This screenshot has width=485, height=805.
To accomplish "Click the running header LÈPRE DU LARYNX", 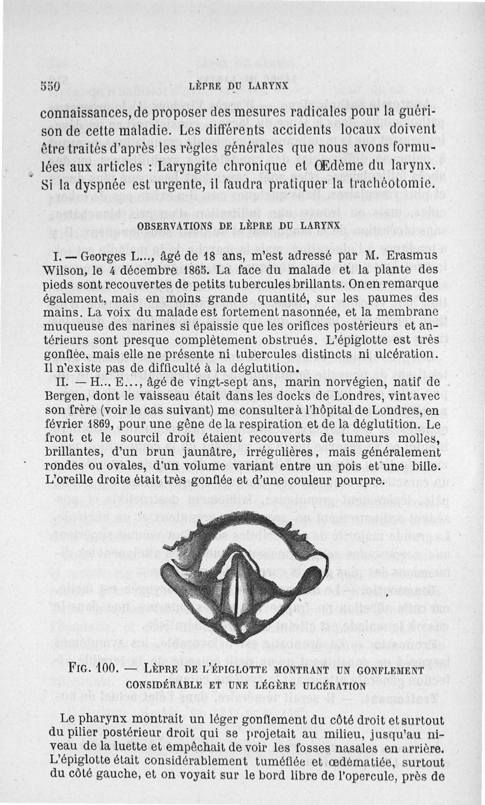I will click(238, 85).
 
